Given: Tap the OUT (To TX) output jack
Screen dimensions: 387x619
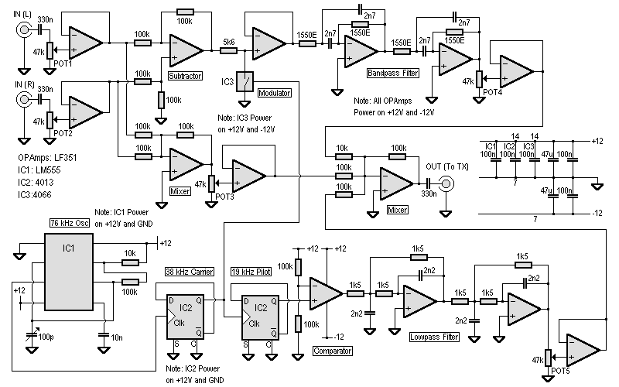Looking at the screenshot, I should click(446, 183).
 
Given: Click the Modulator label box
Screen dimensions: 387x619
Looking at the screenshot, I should click(274, 93).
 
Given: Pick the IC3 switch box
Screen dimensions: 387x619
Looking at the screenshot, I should click(246, 81).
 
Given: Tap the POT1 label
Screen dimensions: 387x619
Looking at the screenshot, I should click(63, 64).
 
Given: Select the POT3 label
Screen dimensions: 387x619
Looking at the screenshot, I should click(224, 197).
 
